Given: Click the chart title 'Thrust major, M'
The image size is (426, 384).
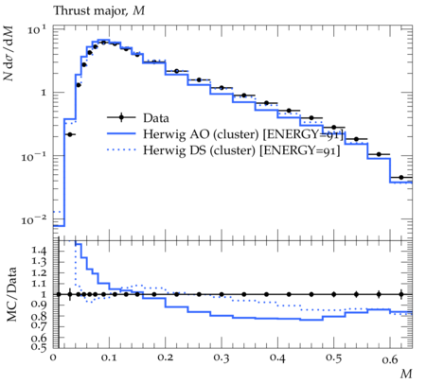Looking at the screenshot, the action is coord(99,10).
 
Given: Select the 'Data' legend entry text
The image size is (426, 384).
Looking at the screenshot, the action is coord(156,118).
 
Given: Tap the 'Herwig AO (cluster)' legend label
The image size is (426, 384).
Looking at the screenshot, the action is coord(201,134).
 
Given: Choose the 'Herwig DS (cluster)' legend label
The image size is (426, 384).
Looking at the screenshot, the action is coord(199,150).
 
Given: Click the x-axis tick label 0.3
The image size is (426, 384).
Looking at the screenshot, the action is coord(222,358).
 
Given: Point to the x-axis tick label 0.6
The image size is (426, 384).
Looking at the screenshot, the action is coord(390,359).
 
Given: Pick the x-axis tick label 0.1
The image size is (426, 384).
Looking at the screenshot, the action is coord(109,358).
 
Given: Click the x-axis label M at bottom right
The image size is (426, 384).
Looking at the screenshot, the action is coord(406,374).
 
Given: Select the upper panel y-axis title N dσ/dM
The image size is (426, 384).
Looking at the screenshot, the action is coord(9,53).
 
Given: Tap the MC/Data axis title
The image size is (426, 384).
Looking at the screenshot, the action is coord(11,294).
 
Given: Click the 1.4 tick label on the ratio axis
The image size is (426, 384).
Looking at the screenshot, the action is coord(39,251).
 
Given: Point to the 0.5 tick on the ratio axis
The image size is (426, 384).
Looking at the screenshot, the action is coord(39,347).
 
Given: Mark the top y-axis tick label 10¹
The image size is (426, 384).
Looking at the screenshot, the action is coord(37,30).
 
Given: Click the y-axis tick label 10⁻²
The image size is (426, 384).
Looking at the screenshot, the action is coord(34,219).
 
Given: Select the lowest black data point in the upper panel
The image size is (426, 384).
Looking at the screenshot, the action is coord(69,134).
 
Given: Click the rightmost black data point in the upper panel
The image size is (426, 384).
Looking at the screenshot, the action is coord(401,178).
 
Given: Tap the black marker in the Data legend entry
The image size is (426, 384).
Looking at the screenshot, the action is coord(121,117).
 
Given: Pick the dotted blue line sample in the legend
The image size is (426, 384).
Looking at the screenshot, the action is coord(121,149).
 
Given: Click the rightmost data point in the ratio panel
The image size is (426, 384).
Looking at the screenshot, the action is coord(401,294).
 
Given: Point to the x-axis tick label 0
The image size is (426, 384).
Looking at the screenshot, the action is coord(53,358).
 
